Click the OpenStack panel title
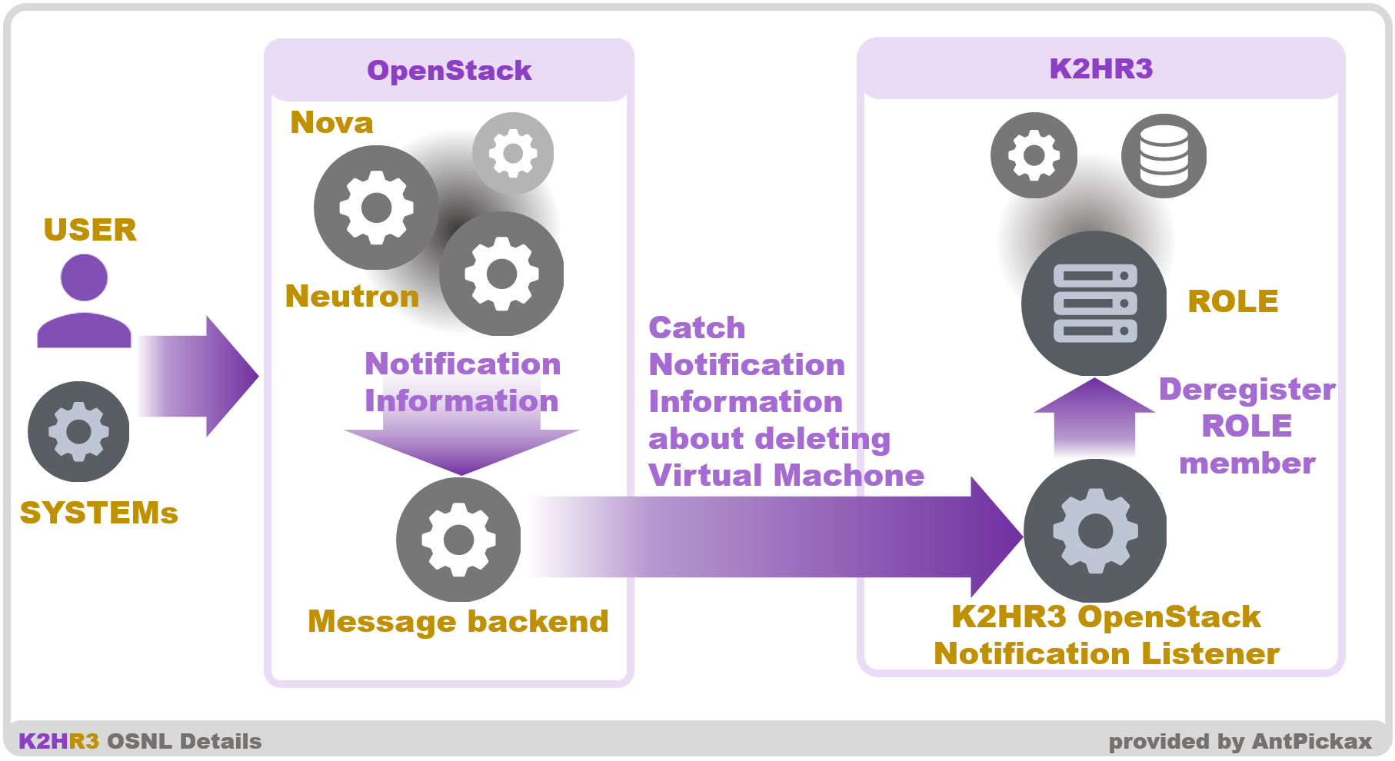click(449, 71)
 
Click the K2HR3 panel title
click(1100, 69)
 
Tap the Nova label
click(331, 123)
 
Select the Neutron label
click(351, 297)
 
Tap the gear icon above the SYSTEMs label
click(78, 432)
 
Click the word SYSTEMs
click(98, 513)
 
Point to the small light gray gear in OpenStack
click(512, 153)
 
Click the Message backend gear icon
click(458, 540)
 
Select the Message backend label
click(458, 621)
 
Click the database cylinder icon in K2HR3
click(1163, 156)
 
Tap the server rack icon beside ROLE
click(1094, 304)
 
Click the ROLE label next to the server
click(1232, 301)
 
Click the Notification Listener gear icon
click(1095, 531)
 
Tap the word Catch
click(697, 328)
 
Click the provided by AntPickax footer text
click(1239, 742)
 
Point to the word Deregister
click(1246, 390)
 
